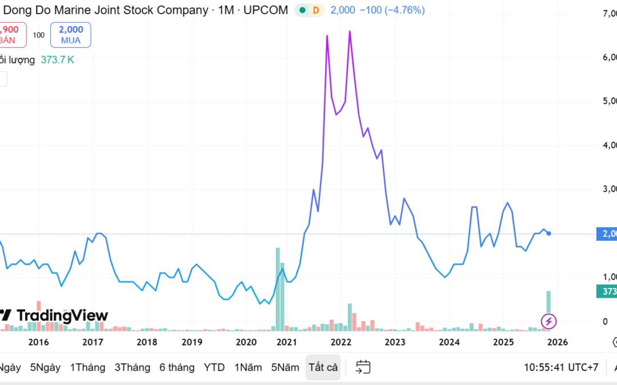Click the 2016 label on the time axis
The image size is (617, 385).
click(38, 342)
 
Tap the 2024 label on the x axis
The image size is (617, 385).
click(450, 342)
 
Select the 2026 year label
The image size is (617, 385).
click(557, 342)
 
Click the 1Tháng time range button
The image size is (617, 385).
click(87, 367)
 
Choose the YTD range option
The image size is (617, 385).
click(214, 367)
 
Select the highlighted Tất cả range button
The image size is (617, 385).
click(323, 367)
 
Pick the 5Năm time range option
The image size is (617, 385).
click(285, 367)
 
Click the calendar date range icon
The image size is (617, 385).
click(363, 367)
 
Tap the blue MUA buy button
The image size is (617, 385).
click(70, 35)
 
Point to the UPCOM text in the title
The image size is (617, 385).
click(266, 10)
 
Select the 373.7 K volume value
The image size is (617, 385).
click(57, 59)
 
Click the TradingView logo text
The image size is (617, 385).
click(62, 315)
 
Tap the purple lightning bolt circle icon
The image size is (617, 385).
click(548, 321)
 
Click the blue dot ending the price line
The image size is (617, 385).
click(549, 233)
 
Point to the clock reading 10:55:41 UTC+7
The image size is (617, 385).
click(561, 367)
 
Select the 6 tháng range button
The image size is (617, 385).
click(177, 367)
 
